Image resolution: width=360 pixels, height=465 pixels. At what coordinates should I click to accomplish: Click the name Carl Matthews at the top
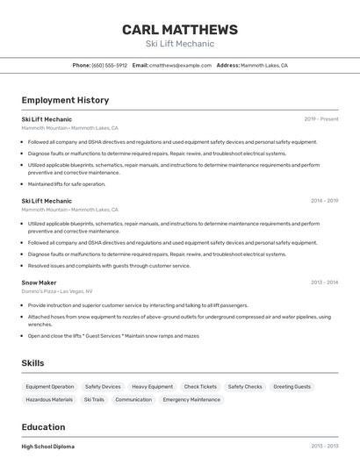coord(180,30)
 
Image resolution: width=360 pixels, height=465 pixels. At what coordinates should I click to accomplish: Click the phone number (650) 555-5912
coord(110,65)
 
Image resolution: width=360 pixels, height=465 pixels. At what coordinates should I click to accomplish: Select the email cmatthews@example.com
coord(181,65)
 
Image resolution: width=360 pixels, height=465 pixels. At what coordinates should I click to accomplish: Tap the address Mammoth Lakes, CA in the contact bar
coord(264,65)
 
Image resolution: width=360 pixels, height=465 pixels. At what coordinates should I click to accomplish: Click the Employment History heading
coord(65,100)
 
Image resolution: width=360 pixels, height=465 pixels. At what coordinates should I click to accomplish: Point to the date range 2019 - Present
coord(321,118)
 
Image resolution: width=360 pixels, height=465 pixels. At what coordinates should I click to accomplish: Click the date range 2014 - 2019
coord(324,201)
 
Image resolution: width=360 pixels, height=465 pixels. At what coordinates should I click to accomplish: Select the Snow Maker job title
coord(39,283)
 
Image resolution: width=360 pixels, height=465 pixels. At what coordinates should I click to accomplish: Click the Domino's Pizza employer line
coord(57,291)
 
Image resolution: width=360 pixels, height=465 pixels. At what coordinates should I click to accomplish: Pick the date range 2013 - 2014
coord(324,283)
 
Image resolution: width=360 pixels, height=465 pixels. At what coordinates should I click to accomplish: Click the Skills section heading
coord(32,363)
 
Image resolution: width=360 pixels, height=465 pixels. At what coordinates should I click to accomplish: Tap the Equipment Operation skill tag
coord(50,387)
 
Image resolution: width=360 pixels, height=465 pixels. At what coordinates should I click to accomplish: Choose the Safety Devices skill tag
coord(103,387)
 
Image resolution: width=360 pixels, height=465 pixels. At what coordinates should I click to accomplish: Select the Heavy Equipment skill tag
coord(152,387)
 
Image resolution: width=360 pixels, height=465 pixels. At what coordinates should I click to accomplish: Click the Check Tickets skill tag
coord(200,387)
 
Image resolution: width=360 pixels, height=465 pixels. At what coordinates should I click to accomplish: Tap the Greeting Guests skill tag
coord(292,387)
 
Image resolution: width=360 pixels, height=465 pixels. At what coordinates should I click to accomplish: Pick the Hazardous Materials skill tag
coord(49,399)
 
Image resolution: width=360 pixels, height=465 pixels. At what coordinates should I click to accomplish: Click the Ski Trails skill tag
coord(94,399)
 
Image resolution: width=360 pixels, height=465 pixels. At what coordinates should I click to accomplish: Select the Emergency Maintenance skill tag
coord(191,399)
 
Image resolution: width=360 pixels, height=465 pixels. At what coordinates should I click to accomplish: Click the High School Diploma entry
coord(48,447)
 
